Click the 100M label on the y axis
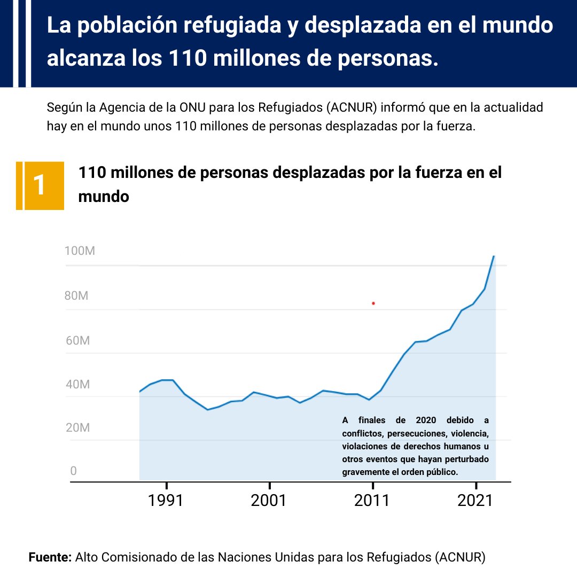80,251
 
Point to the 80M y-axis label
76,295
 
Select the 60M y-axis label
77,340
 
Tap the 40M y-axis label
77,384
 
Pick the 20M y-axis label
77,428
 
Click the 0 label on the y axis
73,471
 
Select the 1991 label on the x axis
167,501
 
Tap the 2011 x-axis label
372,501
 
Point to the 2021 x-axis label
475,501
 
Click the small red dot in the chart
373,303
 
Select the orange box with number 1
40,185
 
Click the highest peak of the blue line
494,256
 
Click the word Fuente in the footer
49,557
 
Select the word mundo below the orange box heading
104,196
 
